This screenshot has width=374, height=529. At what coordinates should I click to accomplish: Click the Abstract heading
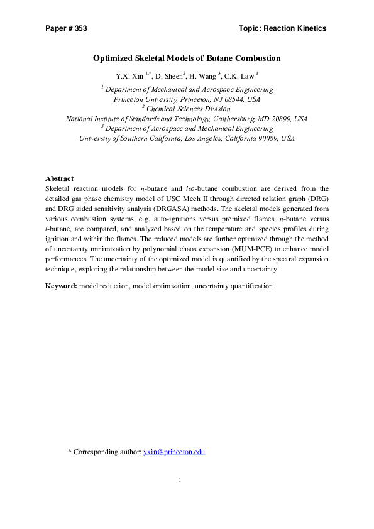[60, 178]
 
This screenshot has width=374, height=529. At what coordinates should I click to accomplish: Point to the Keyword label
[61, 286]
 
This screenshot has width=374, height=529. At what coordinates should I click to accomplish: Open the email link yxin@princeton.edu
[174, 452]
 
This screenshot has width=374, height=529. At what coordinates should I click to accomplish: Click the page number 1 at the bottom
[180, 481]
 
